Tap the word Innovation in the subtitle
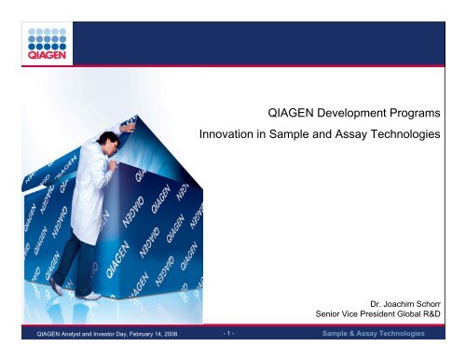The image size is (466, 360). click(231, 137)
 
